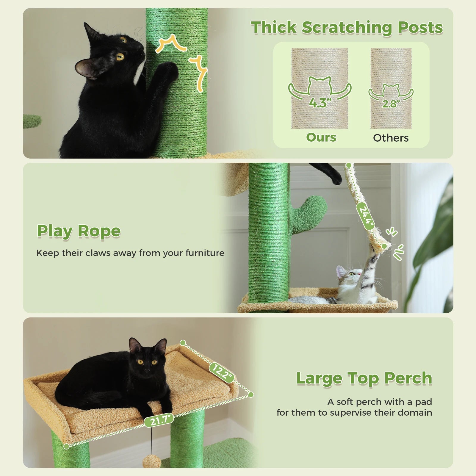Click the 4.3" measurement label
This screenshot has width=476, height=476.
point(320,103)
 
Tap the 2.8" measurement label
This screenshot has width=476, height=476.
point(391,104)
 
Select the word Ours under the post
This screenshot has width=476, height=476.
point(321,137)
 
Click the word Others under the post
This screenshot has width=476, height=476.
point(391,138)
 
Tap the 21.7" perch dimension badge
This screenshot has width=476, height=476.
point(159,420)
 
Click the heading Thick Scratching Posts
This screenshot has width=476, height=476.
point(347,28)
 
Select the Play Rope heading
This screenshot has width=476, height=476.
point(79,231)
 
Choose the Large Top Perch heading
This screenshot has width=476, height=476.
point(364,378)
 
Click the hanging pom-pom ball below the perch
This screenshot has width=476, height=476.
point(152,462)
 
